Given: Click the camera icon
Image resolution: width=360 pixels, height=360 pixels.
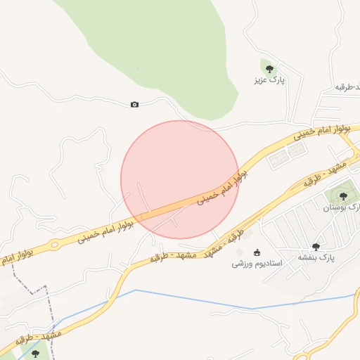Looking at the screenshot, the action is tap(134, 105).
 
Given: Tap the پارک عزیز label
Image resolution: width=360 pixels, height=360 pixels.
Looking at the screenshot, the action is tap(270, 80).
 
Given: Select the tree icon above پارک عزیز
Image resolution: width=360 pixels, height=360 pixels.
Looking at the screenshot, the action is tap(269, 68).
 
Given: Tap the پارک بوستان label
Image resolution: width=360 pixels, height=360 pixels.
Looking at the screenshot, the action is tap(340, 207).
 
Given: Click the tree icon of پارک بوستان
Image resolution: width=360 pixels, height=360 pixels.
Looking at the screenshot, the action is tap(343, 196).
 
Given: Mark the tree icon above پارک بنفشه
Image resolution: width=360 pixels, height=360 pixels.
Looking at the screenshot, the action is tap(316, 246).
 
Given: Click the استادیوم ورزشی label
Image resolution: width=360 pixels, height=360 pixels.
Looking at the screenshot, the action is tap(257, 264).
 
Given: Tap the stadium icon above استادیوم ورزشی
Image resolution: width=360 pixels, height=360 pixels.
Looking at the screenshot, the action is tap(257, 252).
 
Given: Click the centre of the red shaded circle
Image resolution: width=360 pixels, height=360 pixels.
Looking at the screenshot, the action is tap(180, 179).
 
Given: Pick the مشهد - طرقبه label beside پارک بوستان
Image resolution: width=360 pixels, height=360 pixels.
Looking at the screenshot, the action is tap(309, 181).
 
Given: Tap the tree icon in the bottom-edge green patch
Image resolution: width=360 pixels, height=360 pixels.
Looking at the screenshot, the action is tap(36, 353).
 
